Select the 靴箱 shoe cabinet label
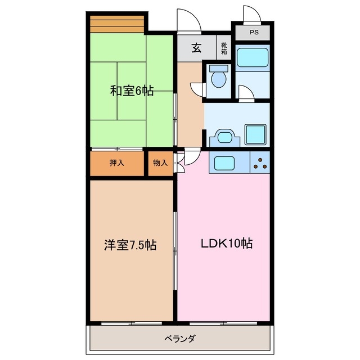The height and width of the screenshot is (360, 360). [224, 48]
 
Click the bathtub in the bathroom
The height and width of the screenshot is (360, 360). [251, 59]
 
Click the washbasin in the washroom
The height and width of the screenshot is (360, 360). [224, 136]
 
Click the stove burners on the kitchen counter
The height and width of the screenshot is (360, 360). [260, 163]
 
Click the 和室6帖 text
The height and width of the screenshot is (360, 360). [131, 90]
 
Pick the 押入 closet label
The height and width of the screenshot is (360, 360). [117, 163]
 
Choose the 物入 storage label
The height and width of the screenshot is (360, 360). [160, 163]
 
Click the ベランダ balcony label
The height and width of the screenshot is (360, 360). [180, 339]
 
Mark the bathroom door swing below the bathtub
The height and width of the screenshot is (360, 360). [246, 93]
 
